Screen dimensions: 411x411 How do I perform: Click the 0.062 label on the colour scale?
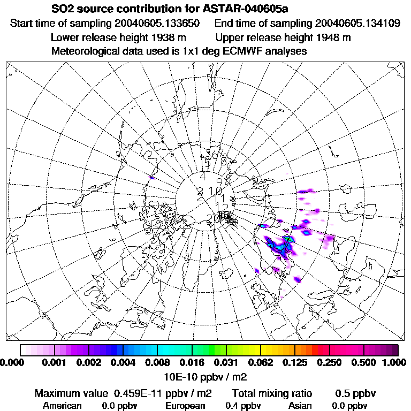click(x=260, y=363)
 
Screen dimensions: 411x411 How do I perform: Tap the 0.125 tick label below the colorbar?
click(x=294, y=363)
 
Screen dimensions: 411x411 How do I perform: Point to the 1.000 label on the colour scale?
click(x=395, y=363)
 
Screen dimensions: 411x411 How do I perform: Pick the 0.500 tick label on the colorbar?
click(x=363, y=363)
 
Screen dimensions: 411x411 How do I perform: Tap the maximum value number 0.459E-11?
click(x=141, y=394)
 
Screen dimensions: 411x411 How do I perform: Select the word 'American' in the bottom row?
click(x=62, y=406)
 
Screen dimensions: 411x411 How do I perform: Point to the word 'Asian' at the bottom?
click(x=299, y=406)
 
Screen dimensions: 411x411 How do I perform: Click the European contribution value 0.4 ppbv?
click(x=242, y=406)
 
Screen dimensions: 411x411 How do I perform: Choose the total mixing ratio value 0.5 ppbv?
click(x=355, y=394)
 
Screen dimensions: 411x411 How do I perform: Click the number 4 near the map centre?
click(x=202, y=176)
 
